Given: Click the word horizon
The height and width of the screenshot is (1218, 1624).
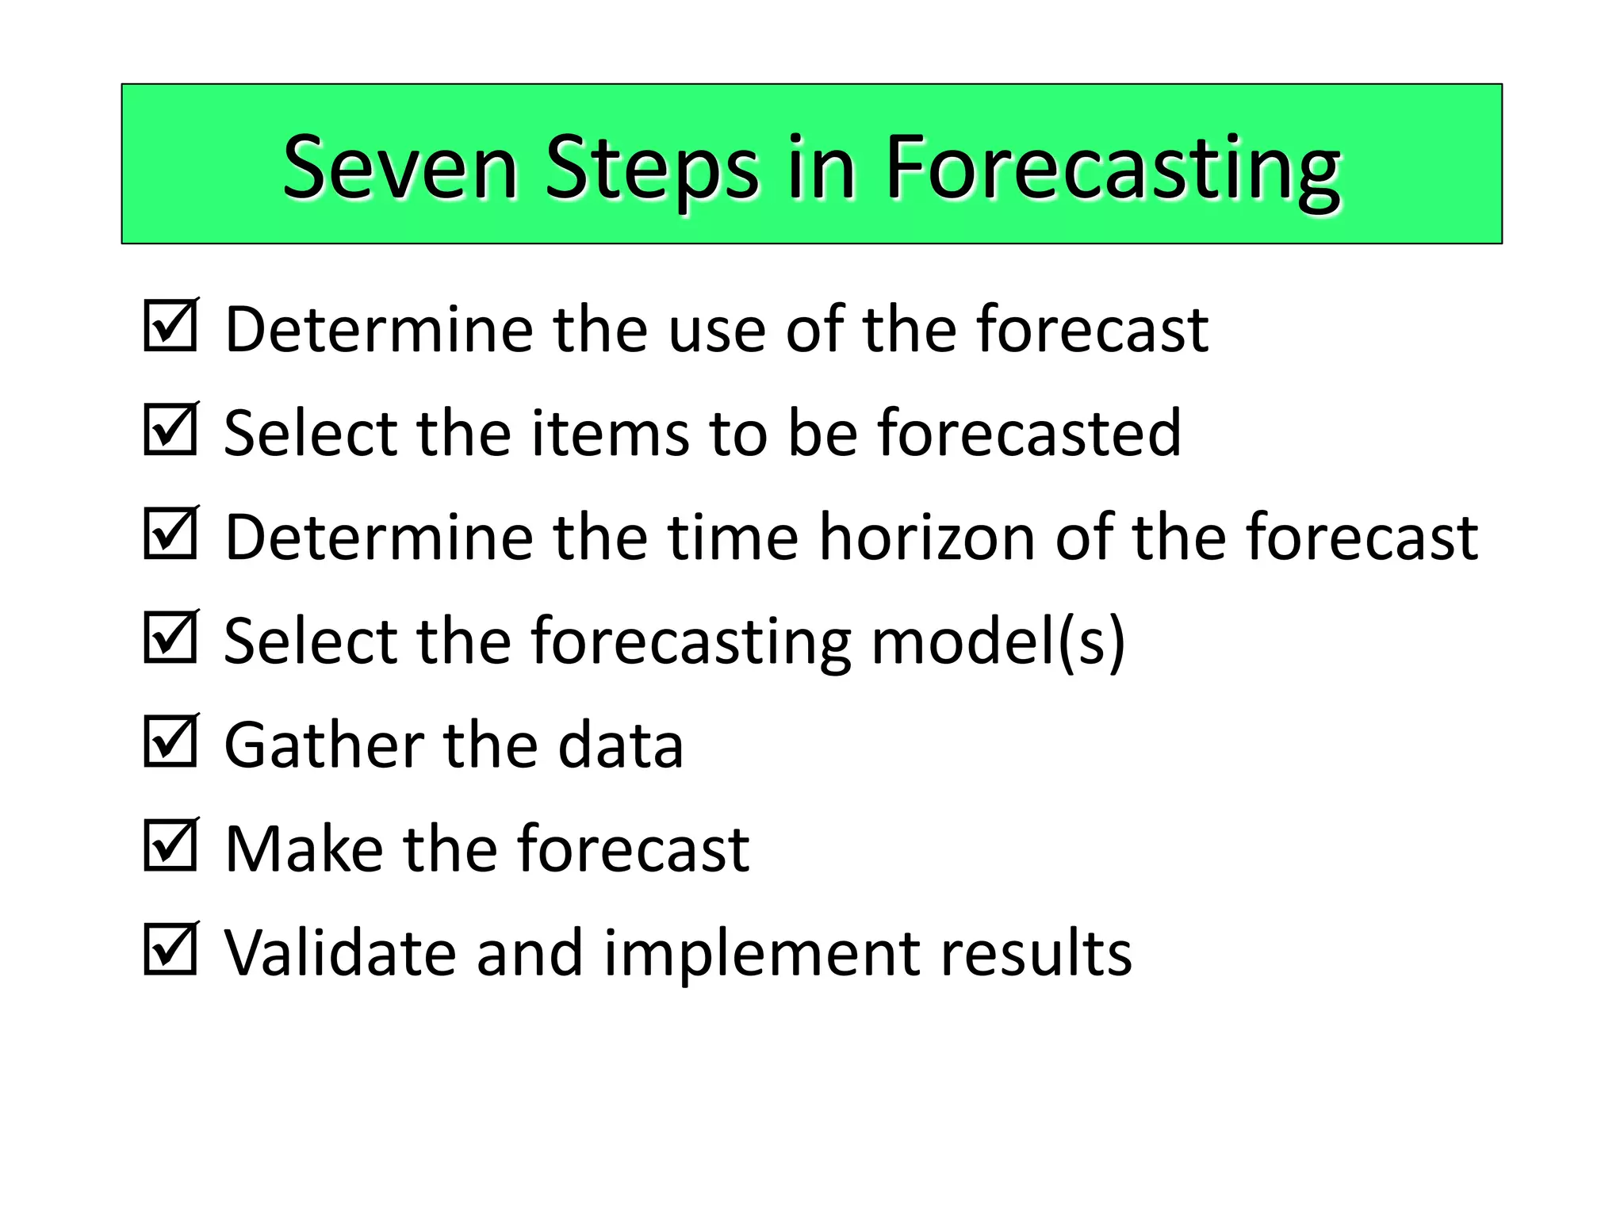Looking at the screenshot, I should point(927,538).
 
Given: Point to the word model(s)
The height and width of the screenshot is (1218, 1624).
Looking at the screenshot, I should point(998,641).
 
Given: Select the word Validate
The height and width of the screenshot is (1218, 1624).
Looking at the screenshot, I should point(340,952).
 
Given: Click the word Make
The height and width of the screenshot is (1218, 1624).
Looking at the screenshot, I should point(304,849).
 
